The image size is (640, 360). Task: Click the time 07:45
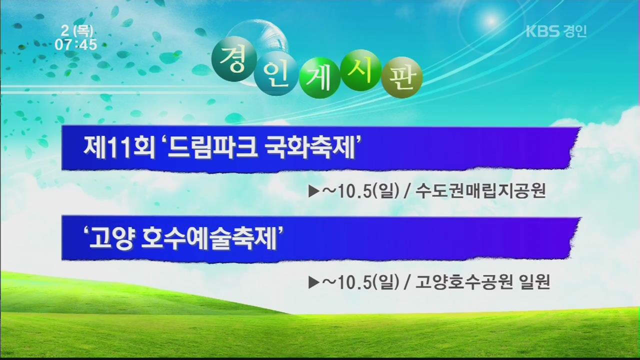click(76, 45)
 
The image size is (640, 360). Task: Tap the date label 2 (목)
click(77, 31)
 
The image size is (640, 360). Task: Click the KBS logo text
click(542, 31)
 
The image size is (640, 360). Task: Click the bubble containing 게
click(319, 77)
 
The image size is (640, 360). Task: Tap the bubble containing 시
click(361, 70)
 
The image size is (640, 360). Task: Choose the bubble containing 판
click(401, 77)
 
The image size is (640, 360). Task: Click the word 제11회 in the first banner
click(120, 147)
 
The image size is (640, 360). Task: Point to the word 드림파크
click(213, 147)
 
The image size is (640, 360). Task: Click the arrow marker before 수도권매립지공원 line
click(313, 191)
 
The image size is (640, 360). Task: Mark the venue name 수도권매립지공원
click(480, 191)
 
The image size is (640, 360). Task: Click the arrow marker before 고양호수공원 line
click(313, 282)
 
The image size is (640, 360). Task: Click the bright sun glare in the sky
click(491, 20)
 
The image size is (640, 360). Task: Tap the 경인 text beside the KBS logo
click(575, 31)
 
